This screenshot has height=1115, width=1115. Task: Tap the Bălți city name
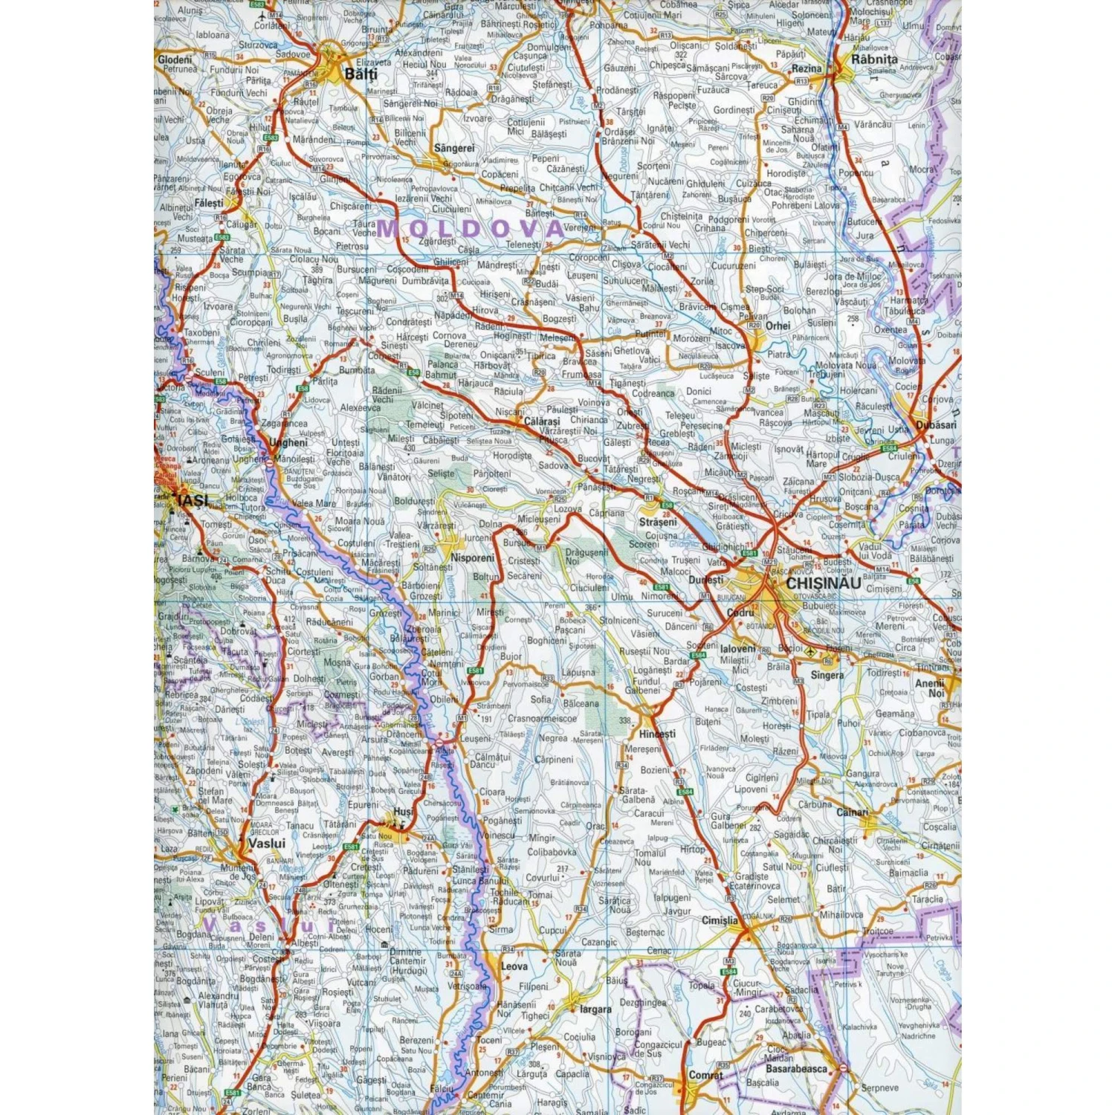361,74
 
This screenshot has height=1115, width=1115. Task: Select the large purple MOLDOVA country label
470,228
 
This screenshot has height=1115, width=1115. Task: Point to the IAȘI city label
193,500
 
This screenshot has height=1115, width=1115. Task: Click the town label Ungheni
288,442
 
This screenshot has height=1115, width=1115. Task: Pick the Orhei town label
778,326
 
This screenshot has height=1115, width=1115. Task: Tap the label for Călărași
542,421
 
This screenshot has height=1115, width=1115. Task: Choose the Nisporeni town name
473,557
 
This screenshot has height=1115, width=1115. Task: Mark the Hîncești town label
657,734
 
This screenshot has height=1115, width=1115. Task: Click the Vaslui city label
266,844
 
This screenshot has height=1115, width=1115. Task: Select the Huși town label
403,812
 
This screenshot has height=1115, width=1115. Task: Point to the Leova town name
514,966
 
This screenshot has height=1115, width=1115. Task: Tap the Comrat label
705,1075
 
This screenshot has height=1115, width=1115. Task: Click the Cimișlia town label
720,920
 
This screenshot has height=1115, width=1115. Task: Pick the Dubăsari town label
937,424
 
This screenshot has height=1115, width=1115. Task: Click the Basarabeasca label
796,1069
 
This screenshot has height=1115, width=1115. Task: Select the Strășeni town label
658,522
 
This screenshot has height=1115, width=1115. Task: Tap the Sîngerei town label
454,148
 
